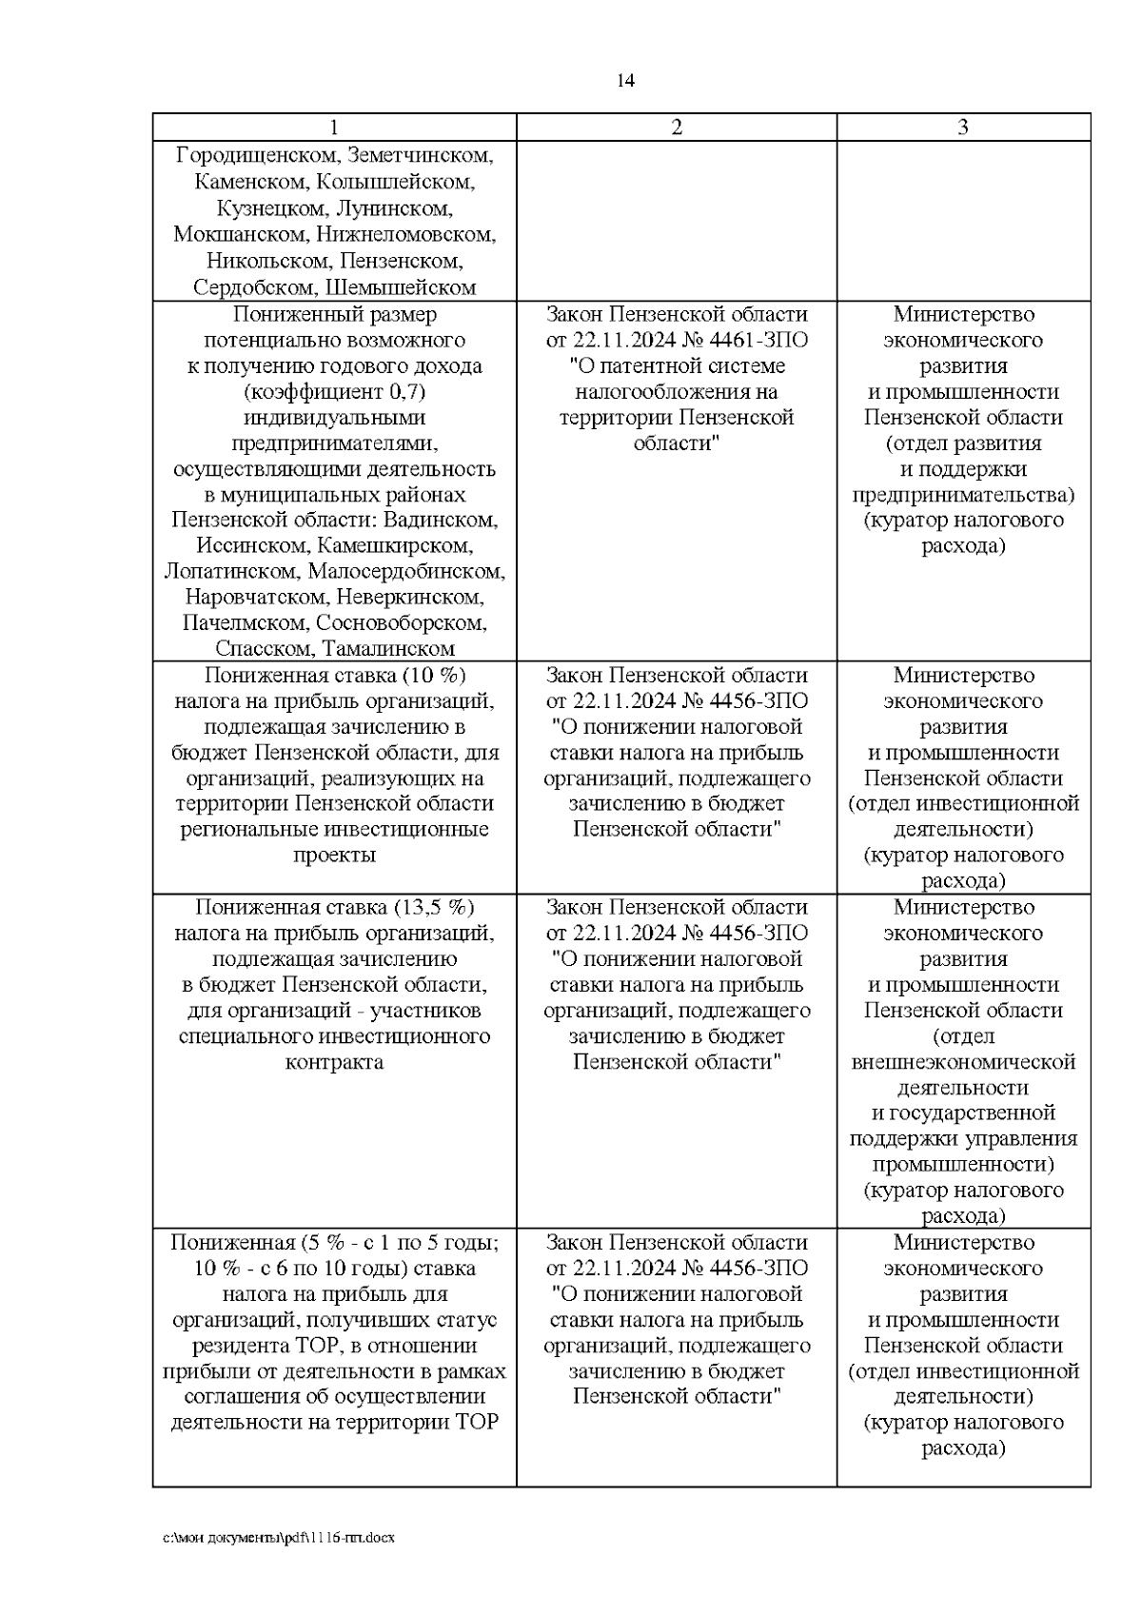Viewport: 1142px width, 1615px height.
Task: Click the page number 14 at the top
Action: tap(625, 80)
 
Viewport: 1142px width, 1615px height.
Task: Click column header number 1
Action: tap(334, 128)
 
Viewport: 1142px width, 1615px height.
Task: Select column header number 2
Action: tap(677, 128)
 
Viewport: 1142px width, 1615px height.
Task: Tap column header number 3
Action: tap(963, 128)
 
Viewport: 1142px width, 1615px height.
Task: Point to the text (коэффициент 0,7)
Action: tap(334, 392)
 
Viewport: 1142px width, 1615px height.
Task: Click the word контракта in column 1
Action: tap(334, 1062)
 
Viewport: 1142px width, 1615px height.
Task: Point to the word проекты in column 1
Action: tap(334, 855)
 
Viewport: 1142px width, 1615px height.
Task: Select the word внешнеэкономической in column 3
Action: tap(963, 1062)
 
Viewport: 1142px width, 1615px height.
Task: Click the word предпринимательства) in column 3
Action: tap(963, 495)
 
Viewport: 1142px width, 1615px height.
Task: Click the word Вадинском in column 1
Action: tap(449, 521)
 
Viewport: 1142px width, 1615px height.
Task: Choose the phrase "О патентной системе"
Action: tap(677, 366)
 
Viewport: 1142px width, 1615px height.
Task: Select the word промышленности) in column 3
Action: tap(963, 1165)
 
